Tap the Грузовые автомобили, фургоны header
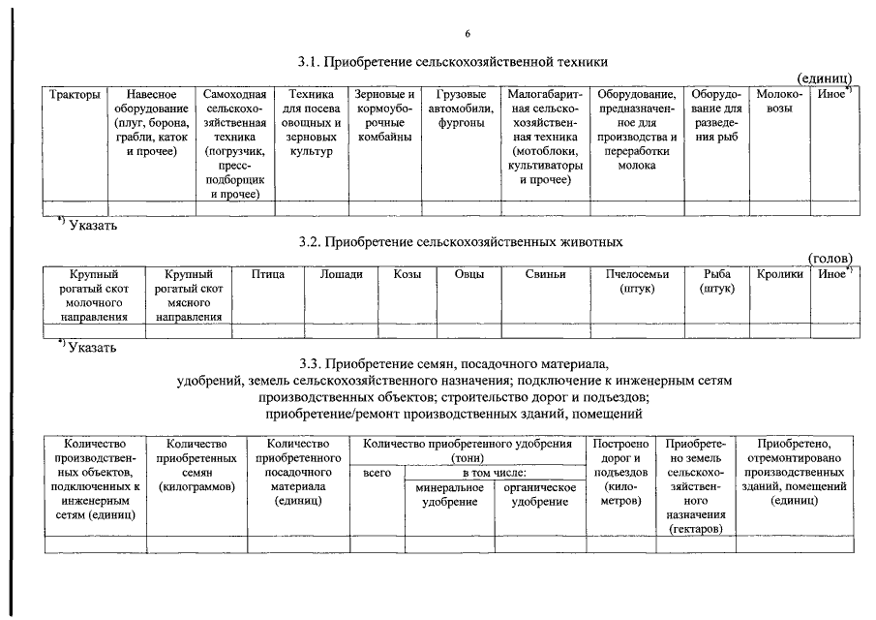click(x=461, y=103)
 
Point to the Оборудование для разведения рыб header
click(x=717, y=117)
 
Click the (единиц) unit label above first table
click(x=824, y=77)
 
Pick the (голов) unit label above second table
click(x=830, y=259)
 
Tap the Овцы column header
click(x=468, y=275)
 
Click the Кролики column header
click(x=780, y=275)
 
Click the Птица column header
click(x=268, y=275)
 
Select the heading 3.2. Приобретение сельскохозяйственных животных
click(x=461, y=241)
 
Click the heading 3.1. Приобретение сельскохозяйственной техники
click(x=453, y=62)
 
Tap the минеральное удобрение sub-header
click(x=450, y=495)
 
